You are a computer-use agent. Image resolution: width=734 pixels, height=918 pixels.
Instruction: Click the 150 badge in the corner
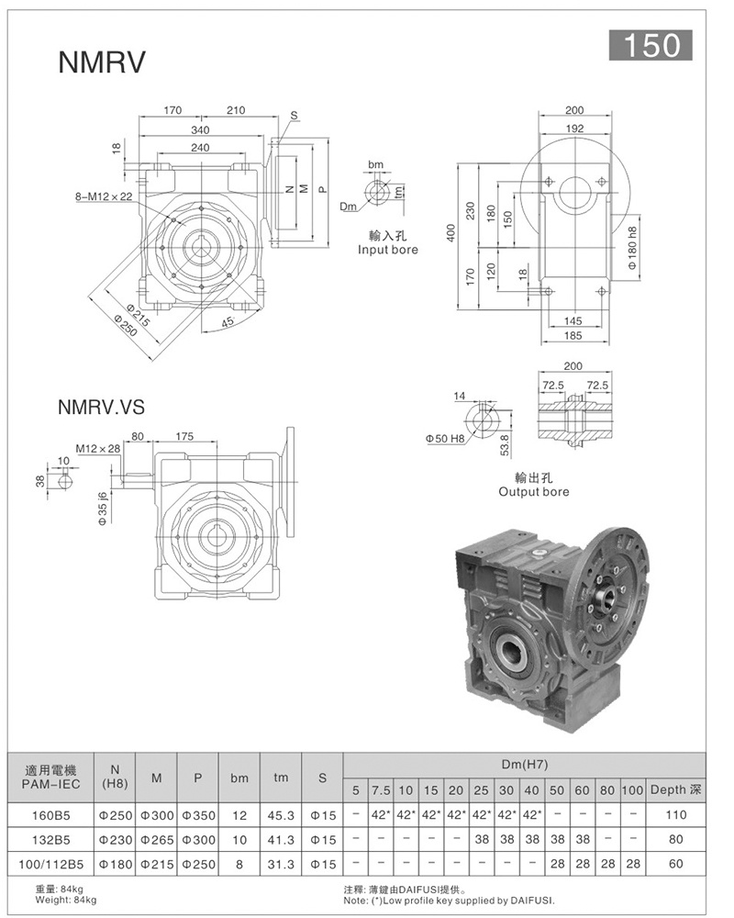tap(651, 45)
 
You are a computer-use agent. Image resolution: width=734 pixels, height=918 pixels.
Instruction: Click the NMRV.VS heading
tap(101, 407)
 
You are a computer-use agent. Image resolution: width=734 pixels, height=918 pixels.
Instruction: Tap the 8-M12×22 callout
tap(104, 196)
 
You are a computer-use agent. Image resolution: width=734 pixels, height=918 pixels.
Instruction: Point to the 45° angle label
tap(228, 321)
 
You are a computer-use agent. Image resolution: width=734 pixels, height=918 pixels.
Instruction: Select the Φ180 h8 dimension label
tap(632, 248)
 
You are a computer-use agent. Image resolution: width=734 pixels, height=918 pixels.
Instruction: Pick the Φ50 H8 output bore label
tap(445, 439)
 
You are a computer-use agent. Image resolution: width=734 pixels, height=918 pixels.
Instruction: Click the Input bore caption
tap(388, 250)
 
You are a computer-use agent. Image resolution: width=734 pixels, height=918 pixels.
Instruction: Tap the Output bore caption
tap(534, 492)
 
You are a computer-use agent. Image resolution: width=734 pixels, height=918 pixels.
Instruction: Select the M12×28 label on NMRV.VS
tap(98, 449)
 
